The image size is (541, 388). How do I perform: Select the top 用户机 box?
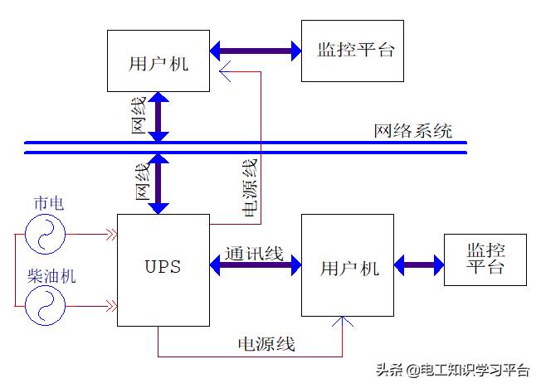pos(158,61)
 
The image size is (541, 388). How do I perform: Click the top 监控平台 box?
pos(352,49)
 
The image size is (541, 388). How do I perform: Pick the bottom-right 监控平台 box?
pos(485,259)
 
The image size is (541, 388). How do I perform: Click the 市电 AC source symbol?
pos(46,233)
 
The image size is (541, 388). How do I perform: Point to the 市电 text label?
pos(48,203)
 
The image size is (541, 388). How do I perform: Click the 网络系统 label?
pos(412,130)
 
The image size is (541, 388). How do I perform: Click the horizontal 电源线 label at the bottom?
pos(266,343)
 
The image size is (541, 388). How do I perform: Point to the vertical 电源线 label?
pos(250,187)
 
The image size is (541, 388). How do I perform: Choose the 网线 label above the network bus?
pos(140,115)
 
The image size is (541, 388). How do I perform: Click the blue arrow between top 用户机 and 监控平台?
pos(256,51)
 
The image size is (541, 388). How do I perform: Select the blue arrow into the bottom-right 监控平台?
pos(419,266)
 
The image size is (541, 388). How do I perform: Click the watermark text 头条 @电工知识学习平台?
pos(452,370)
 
